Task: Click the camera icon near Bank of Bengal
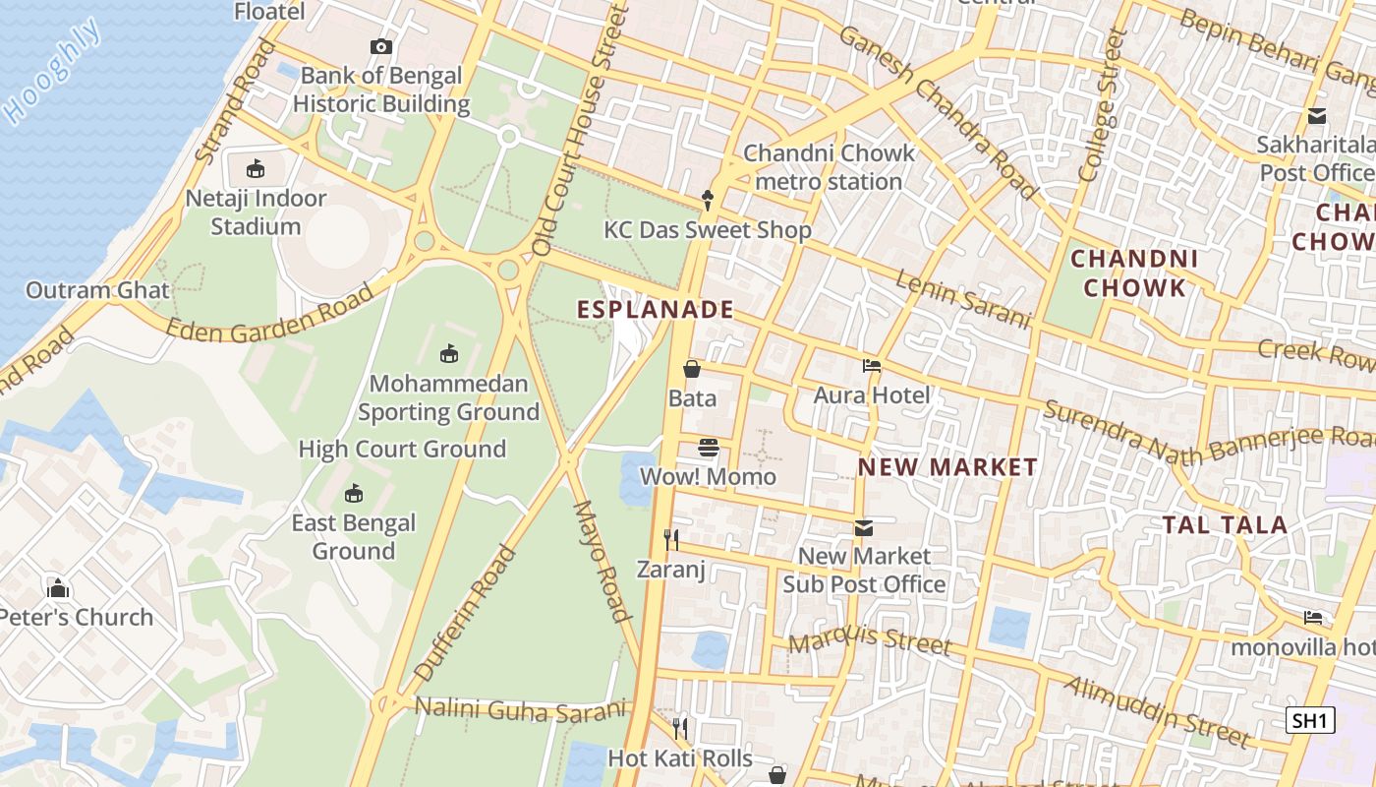[x=380, y=46]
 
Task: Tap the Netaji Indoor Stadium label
[x=256, y=212]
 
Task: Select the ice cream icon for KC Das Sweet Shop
[x=708, y=201]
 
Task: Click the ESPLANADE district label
[x=656, y=310]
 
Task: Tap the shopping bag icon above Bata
[x=692, y=369]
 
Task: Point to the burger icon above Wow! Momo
[x=709, y=449]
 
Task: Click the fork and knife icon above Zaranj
[x=671, y=539]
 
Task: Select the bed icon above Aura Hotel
[x=872, y=366]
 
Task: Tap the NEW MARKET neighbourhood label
[x=947, y=467]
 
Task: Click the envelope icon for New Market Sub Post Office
[x=863, y=528]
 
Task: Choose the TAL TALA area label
[x=1225, y=525]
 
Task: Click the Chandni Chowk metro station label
[x=829, y=167]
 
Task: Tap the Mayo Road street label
[x=601, y=562]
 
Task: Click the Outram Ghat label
[x=97, y=290]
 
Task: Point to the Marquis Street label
[x=870, y=641]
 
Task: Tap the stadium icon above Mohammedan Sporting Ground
[x=449, y=353]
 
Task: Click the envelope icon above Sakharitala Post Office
[x=1317, y=116]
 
